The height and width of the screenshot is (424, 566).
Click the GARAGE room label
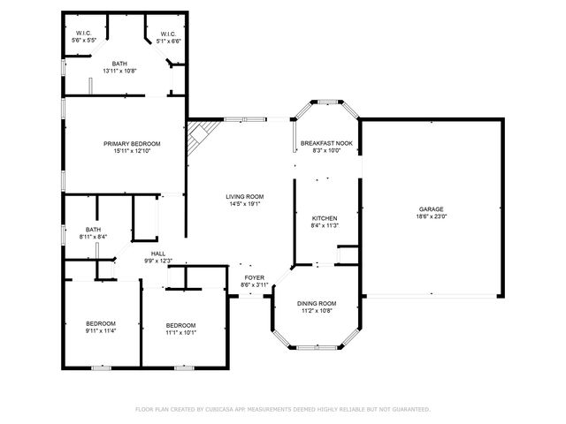[x=432, y=209]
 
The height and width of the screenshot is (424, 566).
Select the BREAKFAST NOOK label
[x=326, y=143]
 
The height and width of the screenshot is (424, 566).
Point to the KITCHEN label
[x=325, y=217]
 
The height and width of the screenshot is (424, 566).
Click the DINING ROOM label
[x=317, y=303]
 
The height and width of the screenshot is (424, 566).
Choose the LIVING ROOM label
[x=244, y=197]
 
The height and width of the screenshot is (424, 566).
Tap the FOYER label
[x=255, y=277]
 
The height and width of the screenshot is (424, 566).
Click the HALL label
[x=158, y=254]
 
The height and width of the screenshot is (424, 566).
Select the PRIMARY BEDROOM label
[x=132, y=143]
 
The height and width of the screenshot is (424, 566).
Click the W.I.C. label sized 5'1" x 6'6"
[x=168, y=34]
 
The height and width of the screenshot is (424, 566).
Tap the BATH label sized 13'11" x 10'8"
[x=119, y=64]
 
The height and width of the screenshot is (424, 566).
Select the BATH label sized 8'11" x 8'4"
[x=93, y=230]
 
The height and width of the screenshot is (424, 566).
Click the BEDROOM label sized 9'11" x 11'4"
[x=101, y=323]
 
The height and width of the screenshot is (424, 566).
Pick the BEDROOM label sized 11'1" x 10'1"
[x=180, y=323]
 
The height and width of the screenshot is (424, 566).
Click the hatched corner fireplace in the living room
[x=198, y=138]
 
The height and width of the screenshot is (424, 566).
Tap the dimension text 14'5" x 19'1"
[x=244, y=205]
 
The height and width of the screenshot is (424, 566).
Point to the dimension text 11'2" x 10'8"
[x=317, y=311]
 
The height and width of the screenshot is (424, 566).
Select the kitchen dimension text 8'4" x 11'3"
[x=325, y=225]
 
